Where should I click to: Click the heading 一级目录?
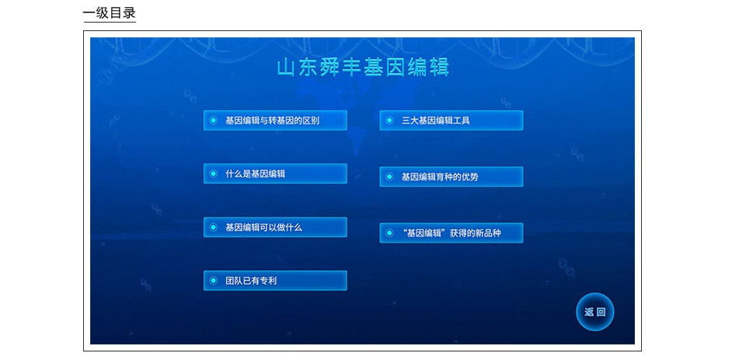coord(110,13)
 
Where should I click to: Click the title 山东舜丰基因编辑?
coord(363,67)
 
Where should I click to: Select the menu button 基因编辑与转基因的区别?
coord(275,121)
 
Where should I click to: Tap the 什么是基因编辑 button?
coord(275,173)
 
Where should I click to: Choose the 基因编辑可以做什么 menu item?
coord(275,227)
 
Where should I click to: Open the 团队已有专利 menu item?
coord(275,281)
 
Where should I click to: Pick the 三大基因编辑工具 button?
coord(451,121)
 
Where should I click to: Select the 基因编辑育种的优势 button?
coord(451,177)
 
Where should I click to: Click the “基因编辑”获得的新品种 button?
coord(451,233)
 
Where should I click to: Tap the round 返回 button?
coord(594,312)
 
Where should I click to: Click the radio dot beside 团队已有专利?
coord(214,281)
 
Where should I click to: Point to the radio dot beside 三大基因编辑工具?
coord(389,121)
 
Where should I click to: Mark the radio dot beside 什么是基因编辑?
coord(214,173)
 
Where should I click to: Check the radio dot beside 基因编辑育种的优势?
coord(389,177)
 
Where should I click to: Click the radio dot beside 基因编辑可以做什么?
coord(214,227)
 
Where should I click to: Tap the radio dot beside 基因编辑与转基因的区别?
coord(214,121)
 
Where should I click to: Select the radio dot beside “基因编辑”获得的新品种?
coord(389,233)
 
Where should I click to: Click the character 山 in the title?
coord(285,68)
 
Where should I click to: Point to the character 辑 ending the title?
coord(440,68)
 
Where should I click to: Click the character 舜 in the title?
coord(329,68)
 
